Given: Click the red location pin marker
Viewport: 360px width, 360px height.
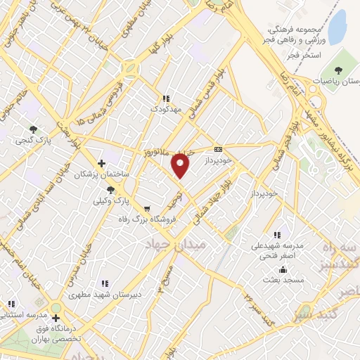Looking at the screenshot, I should [181, 166].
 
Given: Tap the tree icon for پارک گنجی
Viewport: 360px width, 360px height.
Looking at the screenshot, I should [33, 129].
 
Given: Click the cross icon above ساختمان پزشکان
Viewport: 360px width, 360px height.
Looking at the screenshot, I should [102, 163].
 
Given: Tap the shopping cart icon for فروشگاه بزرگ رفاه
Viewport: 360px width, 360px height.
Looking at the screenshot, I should [147, 209].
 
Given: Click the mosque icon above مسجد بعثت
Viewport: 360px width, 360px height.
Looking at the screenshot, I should [282, 269].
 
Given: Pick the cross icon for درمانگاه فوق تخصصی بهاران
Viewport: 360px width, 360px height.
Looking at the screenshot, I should [56, 317].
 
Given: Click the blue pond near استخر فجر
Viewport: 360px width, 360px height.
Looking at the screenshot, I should [338, 25].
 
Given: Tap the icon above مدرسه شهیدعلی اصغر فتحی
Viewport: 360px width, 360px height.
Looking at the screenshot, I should [276, 235].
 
